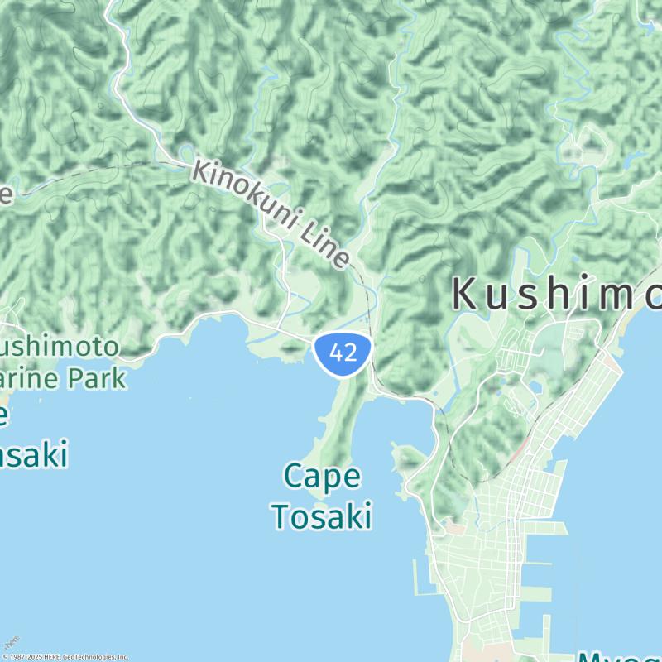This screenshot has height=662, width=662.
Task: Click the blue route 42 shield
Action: click(x=342, y=353)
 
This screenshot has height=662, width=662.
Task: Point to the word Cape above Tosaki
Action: click(x=322, y=477)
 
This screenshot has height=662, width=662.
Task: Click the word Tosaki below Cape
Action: click(x=321, y=516)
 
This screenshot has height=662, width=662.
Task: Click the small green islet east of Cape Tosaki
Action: click(x=406, y=457)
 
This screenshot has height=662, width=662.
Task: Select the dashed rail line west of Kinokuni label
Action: click(x=99, y=175)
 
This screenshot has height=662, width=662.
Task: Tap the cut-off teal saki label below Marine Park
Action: click(x=33, y=454)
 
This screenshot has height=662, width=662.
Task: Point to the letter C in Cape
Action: click(x=293, y=477)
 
